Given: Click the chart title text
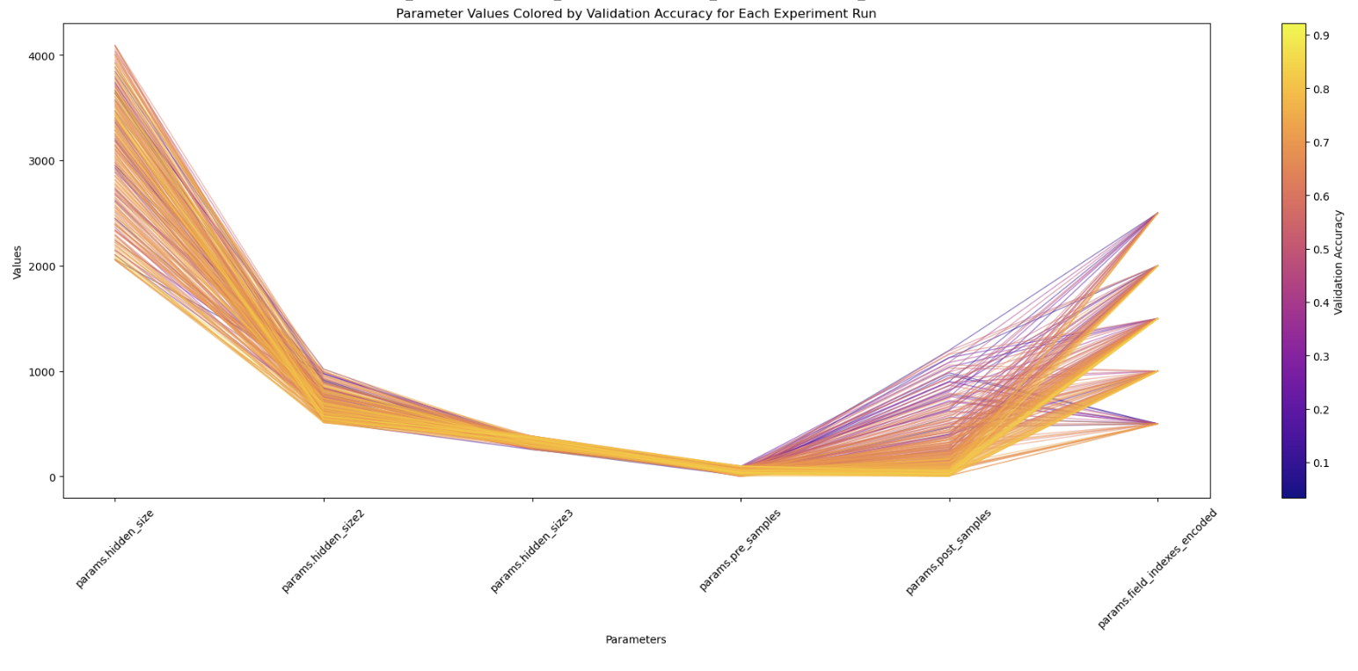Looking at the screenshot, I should point(636,14).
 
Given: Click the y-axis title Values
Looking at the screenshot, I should point(18,262).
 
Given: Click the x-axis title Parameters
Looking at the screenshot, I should point(636,639).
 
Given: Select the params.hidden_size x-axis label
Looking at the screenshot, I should point(115,548).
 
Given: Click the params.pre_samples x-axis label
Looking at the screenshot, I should point(740,550).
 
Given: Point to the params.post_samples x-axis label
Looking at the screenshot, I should point(948,551).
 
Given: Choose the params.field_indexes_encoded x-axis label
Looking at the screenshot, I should point(1157,568).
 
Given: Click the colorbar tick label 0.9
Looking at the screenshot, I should point(1321,36).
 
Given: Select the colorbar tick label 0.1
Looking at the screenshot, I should point(1321,463).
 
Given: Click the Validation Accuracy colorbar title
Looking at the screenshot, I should point(1339,262).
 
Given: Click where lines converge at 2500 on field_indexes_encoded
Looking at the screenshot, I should point(1157,213).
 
